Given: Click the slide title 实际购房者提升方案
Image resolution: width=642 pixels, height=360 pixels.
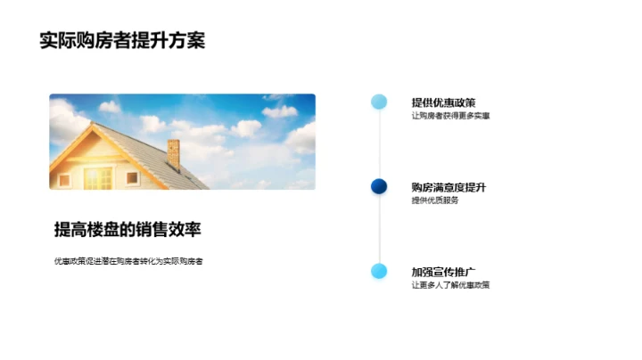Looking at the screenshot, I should pyautogui.click(x=122, y=40).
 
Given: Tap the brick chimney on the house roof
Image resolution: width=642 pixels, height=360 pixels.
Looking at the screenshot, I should pyautogui.click(x=173, y=153).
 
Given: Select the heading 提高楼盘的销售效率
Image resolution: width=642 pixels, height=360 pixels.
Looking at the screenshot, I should pyautogui.click(x=128, y=230).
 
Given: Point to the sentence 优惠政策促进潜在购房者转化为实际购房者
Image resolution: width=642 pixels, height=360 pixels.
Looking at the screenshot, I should pyautogui.click(x=128, y=261).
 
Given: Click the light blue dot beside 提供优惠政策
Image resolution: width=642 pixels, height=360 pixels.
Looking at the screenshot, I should pyautogui.click(x=379, y=102).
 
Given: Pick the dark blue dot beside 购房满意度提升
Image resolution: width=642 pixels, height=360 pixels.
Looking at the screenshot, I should pyautogui.click(x=379, y=186).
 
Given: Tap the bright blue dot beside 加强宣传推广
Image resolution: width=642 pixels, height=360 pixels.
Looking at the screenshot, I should pyautogui.click(x=379, y=271).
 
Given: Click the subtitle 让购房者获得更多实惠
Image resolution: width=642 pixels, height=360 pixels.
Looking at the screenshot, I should pyautogui.click(x=450, y=116).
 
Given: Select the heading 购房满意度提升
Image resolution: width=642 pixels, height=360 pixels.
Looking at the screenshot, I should pyautogui.click(x=449, y=187).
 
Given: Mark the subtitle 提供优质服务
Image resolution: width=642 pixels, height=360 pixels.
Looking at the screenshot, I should pyautogui.click(x=435, y=200).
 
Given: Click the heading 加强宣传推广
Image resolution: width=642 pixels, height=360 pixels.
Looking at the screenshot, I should pyautogui.click(x=443, y=272).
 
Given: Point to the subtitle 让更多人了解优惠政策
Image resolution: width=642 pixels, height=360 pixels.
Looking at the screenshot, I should pyautogui.click(x=450, y=285).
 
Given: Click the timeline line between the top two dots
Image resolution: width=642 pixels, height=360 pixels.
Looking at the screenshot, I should pyautogui.click(x=379, y=144).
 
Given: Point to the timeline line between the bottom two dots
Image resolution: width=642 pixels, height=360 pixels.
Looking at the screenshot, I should pyautogui.click(x=379, y=229).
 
